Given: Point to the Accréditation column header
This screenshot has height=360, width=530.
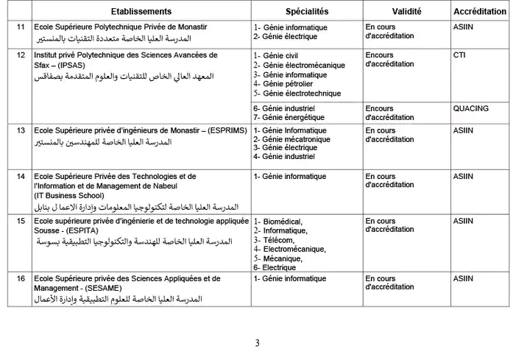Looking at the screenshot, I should (x=480, y=12).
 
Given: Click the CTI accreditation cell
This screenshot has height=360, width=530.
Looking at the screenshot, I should (x=459, y=55).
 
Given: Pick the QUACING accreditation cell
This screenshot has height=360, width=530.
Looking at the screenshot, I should (x=470, y=108).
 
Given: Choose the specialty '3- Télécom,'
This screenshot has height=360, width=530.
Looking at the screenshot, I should (x=274, y=240).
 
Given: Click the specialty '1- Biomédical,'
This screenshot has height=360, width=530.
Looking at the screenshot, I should (x=279, y=221).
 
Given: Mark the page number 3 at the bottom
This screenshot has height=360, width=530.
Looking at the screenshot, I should (x=257, y=343).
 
